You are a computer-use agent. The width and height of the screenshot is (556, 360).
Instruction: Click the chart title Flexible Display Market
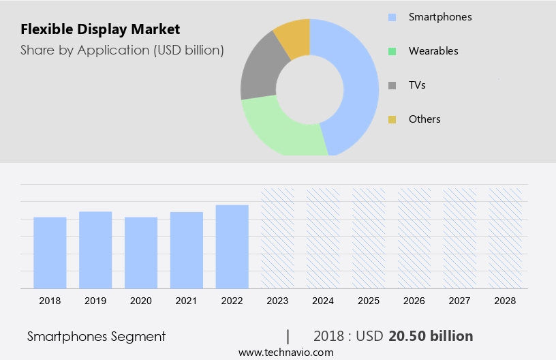(x=100, y=29)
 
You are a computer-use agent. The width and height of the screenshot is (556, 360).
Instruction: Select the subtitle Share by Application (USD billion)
(x=122, y=50)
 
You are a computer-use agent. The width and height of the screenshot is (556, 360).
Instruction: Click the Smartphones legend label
(x=439, y=16)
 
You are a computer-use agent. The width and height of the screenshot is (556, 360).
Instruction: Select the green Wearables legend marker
(x=392, y=51)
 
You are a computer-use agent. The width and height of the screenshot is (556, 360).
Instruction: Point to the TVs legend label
(x=417, y=85)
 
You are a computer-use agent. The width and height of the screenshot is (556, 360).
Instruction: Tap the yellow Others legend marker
(x=392, y=119)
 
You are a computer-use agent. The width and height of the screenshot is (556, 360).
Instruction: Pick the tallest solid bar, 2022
(x=232, y=246)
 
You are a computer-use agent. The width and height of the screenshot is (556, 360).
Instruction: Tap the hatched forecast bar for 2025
(x=369, y=238)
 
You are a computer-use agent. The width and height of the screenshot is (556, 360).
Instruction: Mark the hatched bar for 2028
(x=506, y=238)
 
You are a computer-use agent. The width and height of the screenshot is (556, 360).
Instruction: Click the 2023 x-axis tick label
(x=277, y=300)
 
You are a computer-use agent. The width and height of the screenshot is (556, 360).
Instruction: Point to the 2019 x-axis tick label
(x=95, y=300)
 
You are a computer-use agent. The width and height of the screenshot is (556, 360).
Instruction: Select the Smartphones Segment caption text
(x=96, y=336)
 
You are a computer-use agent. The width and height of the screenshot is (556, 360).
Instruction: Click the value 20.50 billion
(x=431, y=336)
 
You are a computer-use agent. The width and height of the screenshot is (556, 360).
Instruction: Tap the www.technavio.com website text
(x=285, y=352)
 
